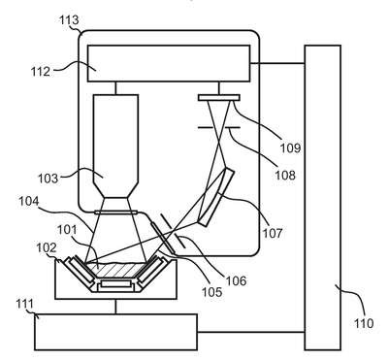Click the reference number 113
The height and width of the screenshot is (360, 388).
point(69,20)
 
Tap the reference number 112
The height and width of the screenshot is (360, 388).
point(41,72)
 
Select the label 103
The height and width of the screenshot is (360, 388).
point(48,179)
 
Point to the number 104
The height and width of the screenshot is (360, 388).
point(28,201)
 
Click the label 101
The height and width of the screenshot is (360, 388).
point(67,230)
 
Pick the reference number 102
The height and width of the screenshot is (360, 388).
point(47,248)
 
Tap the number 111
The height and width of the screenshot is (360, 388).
point(25,304)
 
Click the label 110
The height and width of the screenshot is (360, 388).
point(364,323)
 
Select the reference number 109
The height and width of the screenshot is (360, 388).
point(290,147)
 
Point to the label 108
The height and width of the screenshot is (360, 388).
point(285,175)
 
